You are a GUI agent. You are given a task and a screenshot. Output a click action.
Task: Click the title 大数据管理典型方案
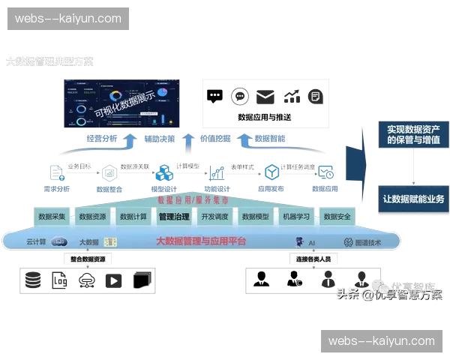coord(50,61)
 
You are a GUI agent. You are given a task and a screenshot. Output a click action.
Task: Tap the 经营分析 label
coord(102,139)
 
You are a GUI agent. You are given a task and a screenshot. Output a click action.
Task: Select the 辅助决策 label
coord(159,139)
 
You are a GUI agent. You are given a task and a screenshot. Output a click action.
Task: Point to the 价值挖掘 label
coord(215,139)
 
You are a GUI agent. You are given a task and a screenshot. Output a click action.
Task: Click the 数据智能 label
coord(270,139)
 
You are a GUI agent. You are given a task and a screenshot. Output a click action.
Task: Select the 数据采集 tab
coord(52,217)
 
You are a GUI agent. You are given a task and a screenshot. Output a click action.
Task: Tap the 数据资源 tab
coord(92,217)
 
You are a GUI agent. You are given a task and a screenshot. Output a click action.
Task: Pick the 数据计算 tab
coord(133,217)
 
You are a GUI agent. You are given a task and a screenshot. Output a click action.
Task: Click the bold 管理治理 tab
coord(174,217)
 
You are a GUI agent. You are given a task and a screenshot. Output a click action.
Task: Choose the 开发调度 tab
coord(214,217)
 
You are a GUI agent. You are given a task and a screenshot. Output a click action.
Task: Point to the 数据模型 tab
coord(256,217)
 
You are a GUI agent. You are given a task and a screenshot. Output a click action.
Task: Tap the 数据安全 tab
coord(337,217)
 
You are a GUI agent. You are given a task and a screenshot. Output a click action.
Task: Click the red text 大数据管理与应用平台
coord(200,241)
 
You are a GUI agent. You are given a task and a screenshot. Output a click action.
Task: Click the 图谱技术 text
coord(368,242)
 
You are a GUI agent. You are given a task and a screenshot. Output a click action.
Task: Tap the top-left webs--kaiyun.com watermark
coord(68,18)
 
